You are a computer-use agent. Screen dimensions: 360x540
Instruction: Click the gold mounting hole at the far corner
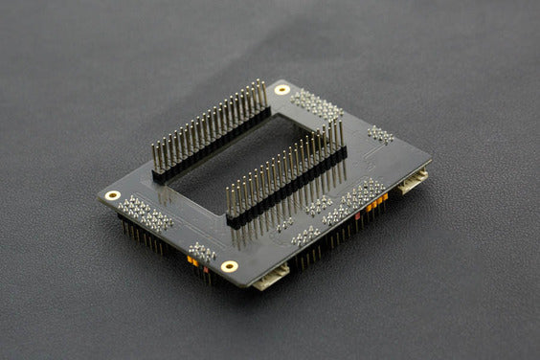pyautogui.click(x=281, y=89)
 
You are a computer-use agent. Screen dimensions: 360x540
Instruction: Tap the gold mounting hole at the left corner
pyautogui.click(x=113, y=195)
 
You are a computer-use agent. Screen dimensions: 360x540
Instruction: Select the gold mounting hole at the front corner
pyautogui.click(x=230, y=265)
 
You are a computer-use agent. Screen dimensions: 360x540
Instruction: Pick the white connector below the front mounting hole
pyautogui.click(x=270, y=278)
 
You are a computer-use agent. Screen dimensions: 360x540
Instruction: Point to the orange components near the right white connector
pyautogui.click(x=376, y=202)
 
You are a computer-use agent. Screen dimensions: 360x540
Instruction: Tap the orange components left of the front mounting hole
pyautogui.click(x=193, y=261)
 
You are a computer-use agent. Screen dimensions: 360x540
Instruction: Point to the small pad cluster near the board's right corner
pyautogui.click(x=380, y=134)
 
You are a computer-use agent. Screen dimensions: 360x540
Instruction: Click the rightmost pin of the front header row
pyautogui.click(x=340, y=130)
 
